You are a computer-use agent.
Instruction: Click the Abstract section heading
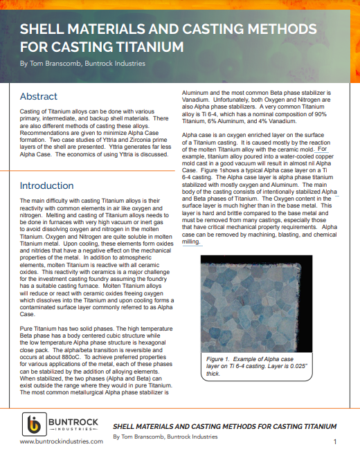pos(39,96)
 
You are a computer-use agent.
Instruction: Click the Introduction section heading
pos(46,185)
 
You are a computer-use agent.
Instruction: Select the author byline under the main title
pos(82,64)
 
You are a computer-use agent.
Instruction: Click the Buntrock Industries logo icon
pos(32,424)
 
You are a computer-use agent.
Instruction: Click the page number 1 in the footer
pos(335,441)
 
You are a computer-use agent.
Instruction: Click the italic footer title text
pos(224,426)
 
